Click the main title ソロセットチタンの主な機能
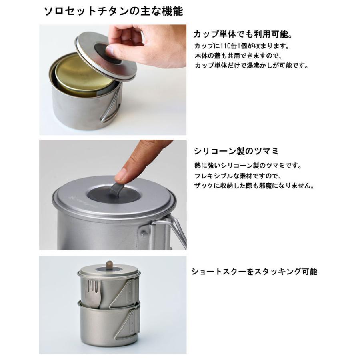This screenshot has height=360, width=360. (114, 12)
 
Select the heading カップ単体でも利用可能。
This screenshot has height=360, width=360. (243, 34)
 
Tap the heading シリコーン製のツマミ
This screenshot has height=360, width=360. (236, 151)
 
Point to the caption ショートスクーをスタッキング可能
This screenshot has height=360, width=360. (254, 272)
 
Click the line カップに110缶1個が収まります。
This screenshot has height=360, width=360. (242, 46)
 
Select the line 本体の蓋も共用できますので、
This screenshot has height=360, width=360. (238, 56)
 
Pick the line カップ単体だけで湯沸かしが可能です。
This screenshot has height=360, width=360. (252, 66)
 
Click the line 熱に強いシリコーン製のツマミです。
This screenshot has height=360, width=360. (248, 166)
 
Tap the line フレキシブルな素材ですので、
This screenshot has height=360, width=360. (238, 176)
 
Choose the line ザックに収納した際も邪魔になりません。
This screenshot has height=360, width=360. (254, 186)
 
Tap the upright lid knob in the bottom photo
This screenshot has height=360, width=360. (109, 266)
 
